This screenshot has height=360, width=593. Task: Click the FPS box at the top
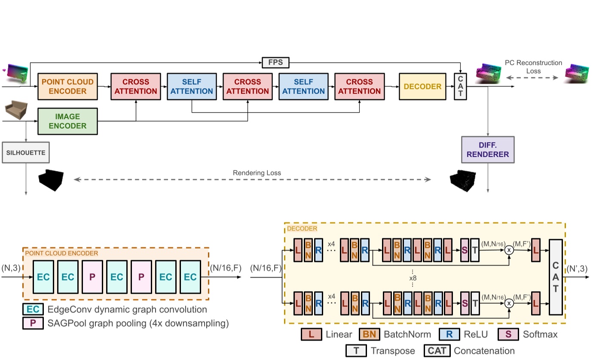275,63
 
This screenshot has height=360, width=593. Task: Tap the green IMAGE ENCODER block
68,121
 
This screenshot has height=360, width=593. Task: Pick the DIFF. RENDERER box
488,149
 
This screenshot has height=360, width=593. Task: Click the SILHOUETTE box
26,153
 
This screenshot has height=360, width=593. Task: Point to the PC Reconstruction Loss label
533,67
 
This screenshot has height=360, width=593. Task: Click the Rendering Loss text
257,173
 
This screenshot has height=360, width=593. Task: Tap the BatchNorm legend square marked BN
368,334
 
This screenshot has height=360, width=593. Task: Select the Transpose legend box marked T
356,351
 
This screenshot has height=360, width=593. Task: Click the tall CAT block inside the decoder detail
556,277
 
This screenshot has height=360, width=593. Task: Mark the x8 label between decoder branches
413,278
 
